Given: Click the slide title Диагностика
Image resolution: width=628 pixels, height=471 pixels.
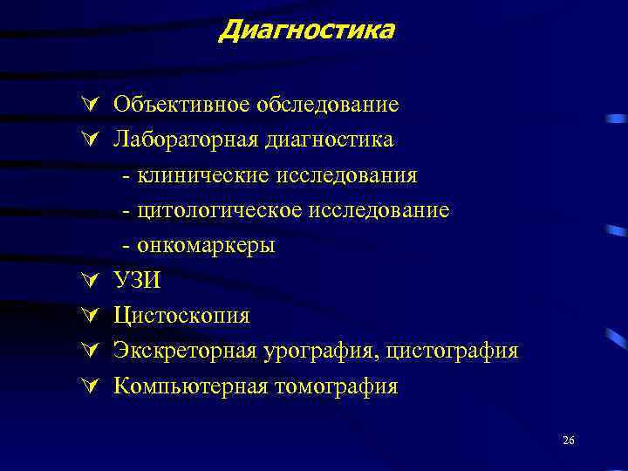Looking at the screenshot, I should pos(307,31).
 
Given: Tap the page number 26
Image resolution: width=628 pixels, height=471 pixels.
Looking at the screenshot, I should pos(569,441).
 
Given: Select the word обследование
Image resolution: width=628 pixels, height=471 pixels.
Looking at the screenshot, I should pos(328,105).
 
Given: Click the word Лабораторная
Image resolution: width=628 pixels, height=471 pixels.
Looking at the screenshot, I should pos(185,140).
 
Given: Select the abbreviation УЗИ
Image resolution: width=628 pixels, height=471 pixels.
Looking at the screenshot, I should pos(138,281).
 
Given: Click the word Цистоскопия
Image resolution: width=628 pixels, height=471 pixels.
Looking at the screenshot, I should pos(181,316).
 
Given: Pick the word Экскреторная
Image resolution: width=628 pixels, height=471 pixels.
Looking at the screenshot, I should pos(185,351).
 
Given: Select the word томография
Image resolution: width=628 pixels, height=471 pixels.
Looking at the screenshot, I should pos(332,386).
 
